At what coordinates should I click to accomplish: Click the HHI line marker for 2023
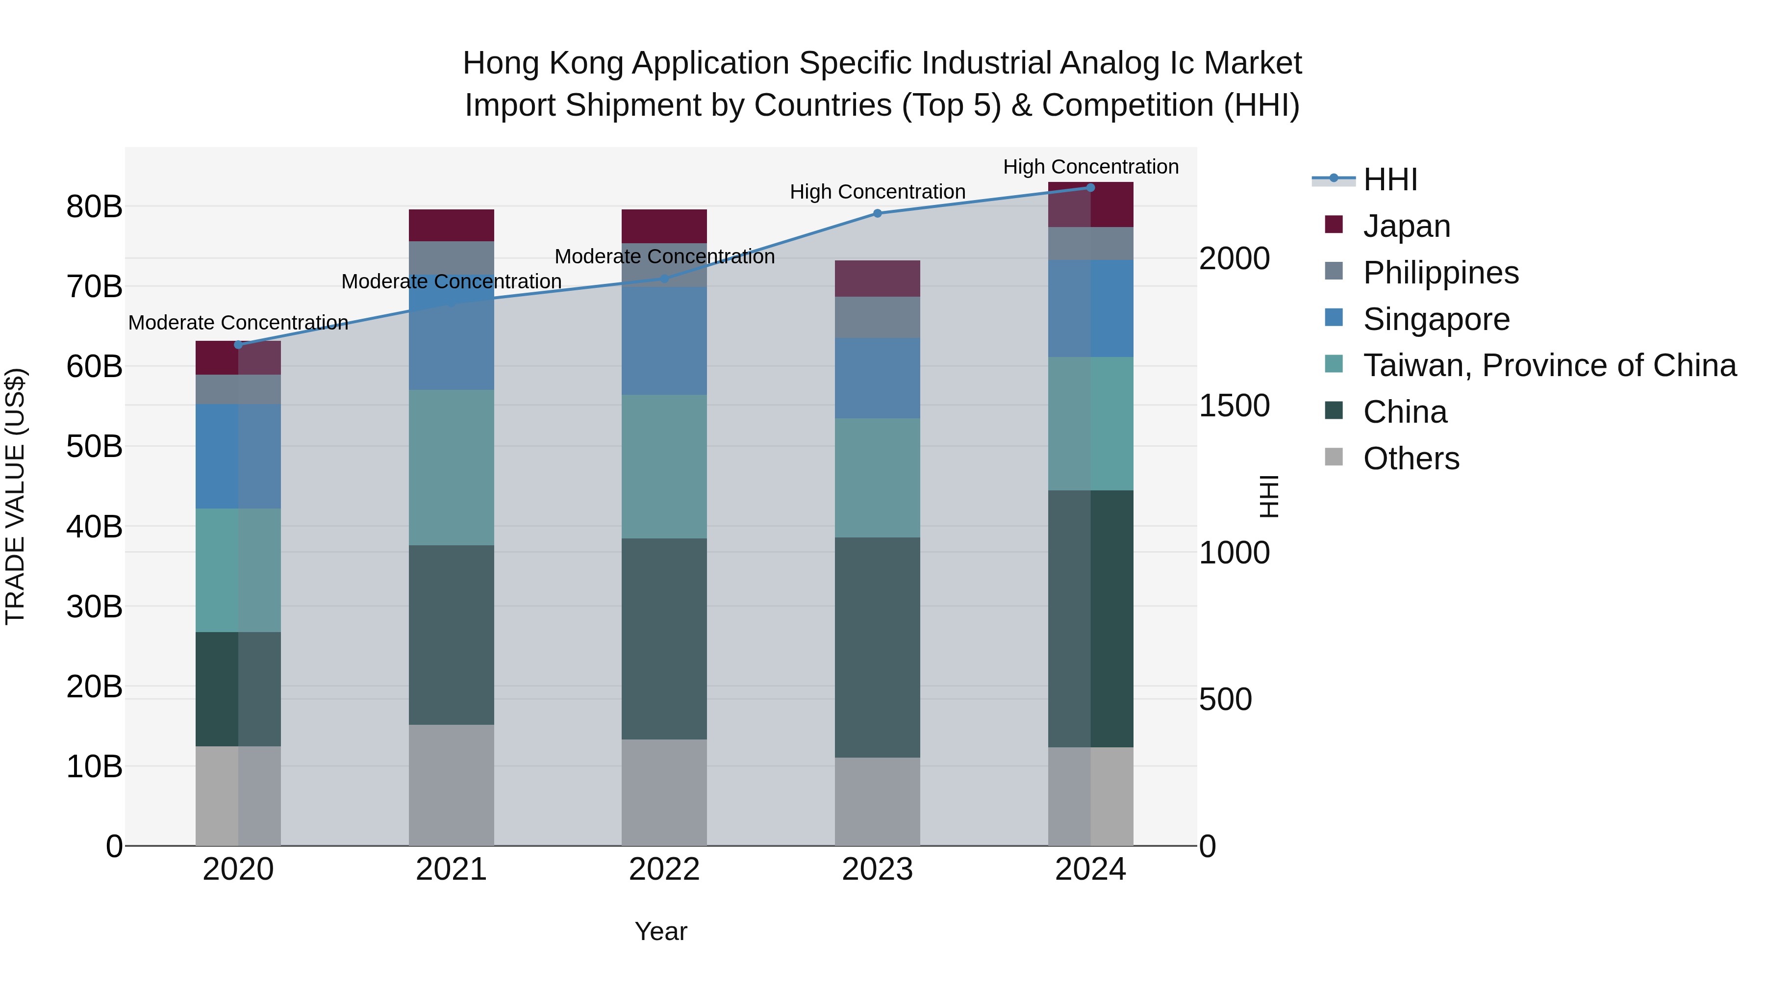click(877, 213)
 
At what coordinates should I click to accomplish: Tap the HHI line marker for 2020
click(238, 345)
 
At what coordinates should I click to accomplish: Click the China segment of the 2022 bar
click(664, 638)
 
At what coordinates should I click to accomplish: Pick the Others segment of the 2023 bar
click(877, 801)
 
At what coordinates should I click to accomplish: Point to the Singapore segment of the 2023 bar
click(877, 378)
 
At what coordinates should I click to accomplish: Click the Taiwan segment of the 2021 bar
click(452, 467)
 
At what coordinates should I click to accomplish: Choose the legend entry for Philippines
click(1440, 273)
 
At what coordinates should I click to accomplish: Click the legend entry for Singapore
click(1436, 319)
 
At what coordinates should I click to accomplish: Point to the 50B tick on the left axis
click(94, 447)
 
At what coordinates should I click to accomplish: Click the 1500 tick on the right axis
click(1234, 406)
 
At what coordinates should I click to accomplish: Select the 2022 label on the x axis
click(664, 869)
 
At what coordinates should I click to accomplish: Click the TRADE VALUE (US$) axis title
click(15, 496)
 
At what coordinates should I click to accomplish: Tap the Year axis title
click(660, 931)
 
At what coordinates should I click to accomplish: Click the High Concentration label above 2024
click(1091, 167)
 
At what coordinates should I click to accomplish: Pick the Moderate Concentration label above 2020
click(238, 322)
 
